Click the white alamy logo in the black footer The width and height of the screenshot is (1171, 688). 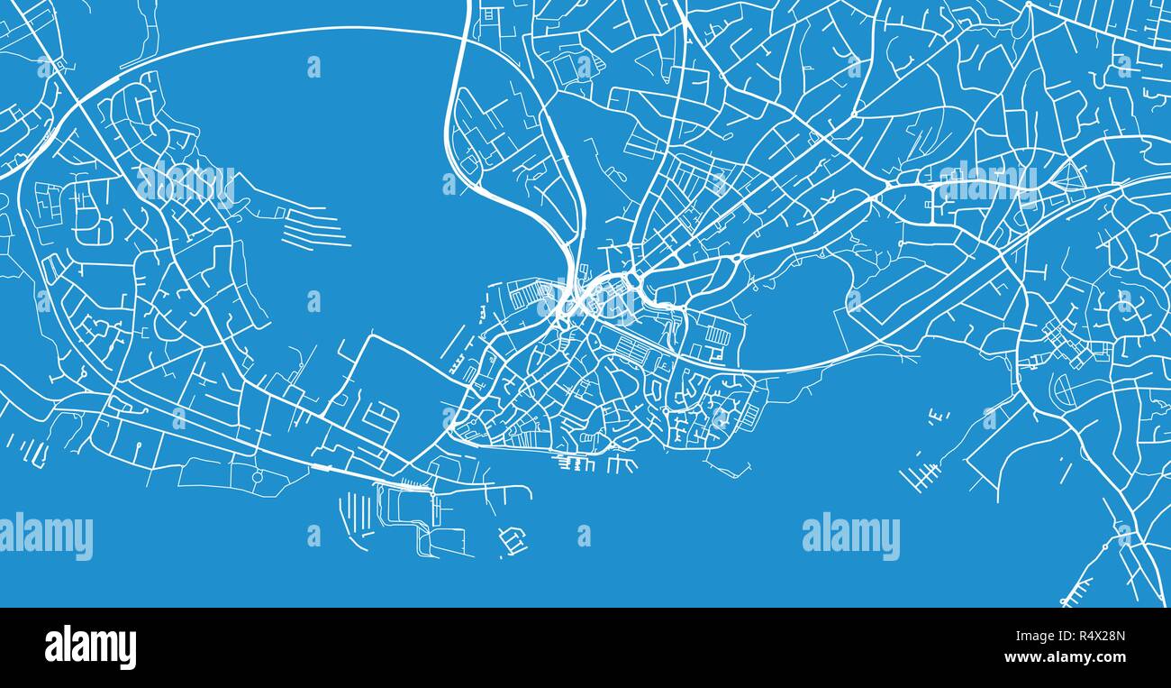90,647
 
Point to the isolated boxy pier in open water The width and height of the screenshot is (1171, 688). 513,541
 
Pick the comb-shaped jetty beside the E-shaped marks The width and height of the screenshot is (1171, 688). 920,474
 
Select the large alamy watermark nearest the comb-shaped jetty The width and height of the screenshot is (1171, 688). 850,536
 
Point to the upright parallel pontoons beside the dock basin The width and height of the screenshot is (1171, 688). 351,518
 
